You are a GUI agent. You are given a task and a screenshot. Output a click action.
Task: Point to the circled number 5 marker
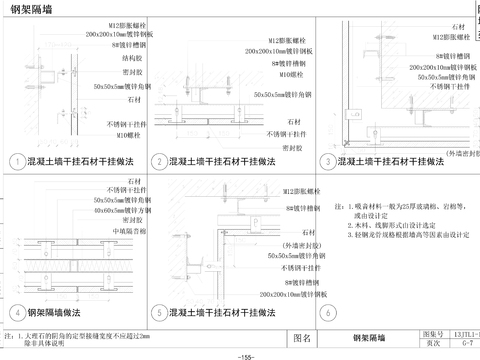(x=158, y=312)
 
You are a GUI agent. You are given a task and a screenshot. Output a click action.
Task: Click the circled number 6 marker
(x=326, y=312)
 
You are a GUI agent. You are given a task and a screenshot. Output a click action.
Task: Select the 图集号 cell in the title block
(x=432, y=333)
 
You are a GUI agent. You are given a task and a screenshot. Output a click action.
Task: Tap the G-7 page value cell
(x=466, y=343)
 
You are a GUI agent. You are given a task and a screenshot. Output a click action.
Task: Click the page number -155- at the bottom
(x=239, y=355)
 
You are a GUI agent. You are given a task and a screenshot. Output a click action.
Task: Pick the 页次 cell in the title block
(x=432, y=343)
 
